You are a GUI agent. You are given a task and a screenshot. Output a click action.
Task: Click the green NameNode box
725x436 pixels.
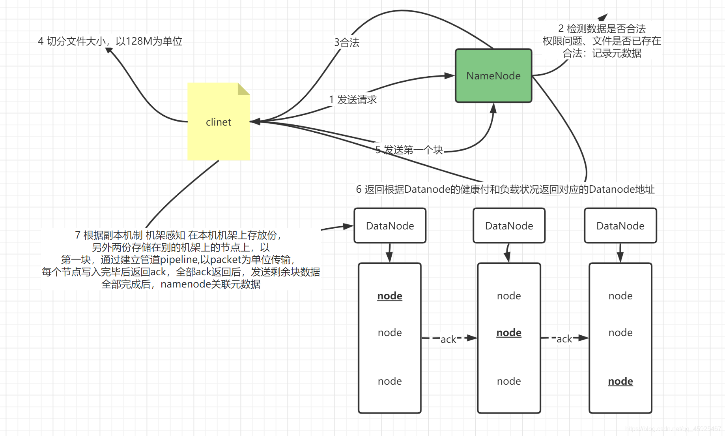click(x=493, y=76)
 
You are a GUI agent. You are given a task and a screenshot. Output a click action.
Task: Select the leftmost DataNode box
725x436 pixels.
click(x=390, y=226)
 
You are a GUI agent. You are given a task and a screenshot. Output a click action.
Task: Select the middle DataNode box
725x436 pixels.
click(x=509, y=226)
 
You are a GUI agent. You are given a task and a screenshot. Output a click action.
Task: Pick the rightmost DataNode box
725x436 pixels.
click(x=620, y=226)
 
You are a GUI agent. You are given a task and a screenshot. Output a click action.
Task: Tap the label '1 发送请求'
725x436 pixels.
click(x=353, y=100)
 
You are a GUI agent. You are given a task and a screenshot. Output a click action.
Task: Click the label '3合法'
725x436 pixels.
click(x=347, y=42)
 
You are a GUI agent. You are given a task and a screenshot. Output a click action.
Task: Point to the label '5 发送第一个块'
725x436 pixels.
click(x=409, y=150)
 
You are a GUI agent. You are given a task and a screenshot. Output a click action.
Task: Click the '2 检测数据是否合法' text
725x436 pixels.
click(x=602, y=29)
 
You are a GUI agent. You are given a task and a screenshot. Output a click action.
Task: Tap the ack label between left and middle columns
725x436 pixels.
click(x=448, y=339)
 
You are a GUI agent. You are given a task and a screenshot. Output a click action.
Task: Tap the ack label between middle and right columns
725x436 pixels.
click(x=564, y=339)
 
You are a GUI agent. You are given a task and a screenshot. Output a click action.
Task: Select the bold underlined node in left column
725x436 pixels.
click(x=390, y=296)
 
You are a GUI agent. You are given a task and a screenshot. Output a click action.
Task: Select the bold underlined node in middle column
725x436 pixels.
click(x=509, y=333)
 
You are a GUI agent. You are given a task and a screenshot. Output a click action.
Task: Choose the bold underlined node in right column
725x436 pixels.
click(x=620, y=381)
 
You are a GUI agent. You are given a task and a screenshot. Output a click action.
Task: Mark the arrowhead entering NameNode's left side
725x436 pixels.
click(x=449, y=75)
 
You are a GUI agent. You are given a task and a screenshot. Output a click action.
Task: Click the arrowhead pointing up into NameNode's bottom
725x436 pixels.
click(x=493, y=108)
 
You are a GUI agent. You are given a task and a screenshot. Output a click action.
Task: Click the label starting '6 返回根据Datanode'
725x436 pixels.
click(x=505, y=189)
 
